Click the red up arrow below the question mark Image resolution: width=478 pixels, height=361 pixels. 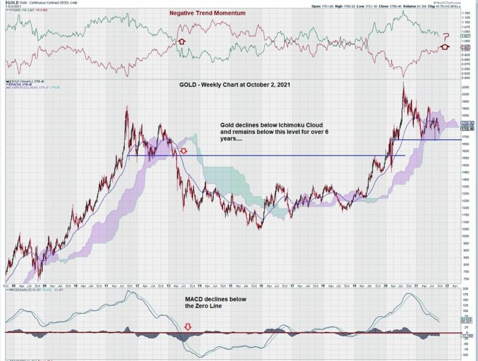tap(446, 47)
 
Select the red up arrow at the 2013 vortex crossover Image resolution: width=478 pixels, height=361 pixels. tap(181, 41)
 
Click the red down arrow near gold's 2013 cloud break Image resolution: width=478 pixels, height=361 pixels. tap(183, 151)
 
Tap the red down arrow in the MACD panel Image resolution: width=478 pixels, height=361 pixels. tap(188, 328)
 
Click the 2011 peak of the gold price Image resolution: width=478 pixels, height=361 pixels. tap(127, 108)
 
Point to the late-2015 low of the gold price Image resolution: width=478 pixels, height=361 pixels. tap(260, 228)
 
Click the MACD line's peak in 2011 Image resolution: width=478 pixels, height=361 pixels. tap(130, 291)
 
